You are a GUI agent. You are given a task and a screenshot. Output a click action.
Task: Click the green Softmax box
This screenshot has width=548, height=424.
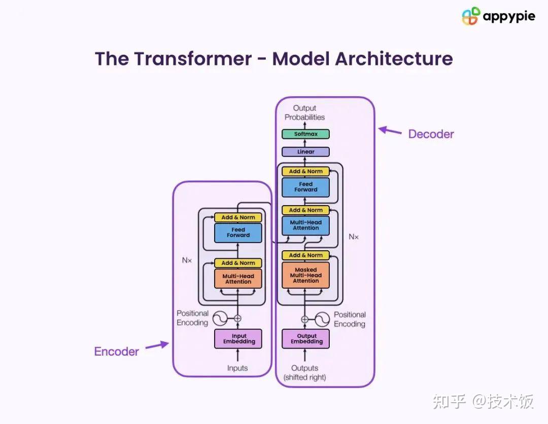[x=305, y=134]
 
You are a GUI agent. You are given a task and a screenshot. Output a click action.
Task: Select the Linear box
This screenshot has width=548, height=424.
[x=305, y=152]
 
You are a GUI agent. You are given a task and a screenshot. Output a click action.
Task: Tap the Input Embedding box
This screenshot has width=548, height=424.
[x=238, y=339]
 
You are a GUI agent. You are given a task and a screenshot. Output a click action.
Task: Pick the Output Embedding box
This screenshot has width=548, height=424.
[x=305, y=339]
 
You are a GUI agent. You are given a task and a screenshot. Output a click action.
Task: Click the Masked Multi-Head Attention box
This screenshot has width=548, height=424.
[x=305, y=276]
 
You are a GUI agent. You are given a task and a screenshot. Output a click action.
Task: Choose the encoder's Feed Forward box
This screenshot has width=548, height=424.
[x=238, y=233]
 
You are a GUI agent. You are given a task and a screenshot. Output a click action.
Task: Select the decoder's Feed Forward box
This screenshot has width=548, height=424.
[x=305, y=187]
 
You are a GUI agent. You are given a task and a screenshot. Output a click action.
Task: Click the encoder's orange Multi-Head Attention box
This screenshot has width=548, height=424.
[x=238, y=279]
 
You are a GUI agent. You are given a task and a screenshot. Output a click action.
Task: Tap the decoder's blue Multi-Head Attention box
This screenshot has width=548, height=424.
[x=305, y=225]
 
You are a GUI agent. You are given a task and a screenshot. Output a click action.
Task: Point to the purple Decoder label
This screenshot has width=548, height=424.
[x=431, y=134]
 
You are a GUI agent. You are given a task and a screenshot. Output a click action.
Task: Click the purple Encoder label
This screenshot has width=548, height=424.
[x=116, y=352]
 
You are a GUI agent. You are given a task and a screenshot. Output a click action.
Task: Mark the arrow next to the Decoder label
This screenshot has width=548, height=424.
[x=390, y=131]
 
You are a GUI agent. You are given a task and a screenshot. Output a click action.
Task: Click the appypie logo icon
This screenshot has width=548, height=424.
[x=470, y=16]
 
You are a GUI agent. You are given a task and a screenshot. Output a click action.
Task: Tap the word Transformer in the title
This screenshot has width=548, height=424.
[x=193, y=58]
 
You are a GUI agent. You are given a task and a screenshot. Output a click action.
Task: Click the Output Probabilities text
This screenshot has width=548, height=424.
[x=304, y=113]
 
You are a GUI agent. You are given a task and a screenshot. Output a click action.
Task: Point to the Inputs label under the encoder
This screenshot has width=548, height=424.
[x=237, y=368]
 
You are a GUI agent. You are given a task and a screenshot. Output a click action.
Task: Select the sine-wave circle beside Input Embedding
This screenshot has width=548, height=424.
[x=220, y=318]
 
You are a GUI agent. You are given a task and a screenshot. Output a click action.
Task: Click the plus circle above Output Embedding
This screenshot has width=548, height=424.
[x=305, y=319]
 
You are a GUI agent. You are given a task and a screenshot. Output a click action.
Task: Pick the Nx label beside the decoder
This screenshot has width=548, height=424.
[x=354, y=237]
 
